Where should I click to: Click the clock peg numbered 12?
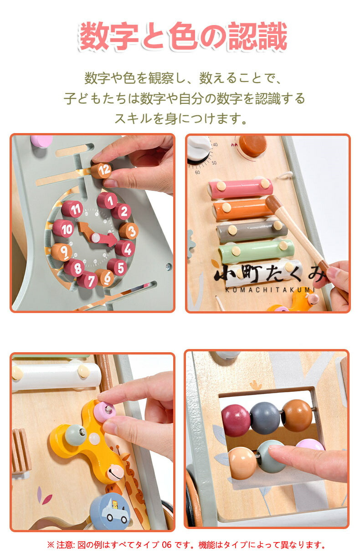click(x=101, y=170)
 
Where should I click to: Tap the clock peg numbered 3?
click(x=129, y=231)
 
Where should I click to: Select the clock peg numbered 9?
click(x=62, y=252)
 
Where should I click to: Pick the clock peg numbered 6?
click(x=104, y=277)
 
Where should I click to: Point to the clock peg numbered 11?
click(x=72, y=209)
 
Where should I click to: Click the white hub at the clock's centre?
click(x=95, y=238)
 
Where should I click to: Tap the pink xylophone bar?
click(x=240, y=188)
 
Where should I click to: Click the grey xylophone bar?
click(x=252, y=231)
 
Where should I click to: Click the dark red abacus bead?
click(x=236, y=420)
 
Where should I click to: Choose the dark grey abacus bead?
click(x=265, y=418)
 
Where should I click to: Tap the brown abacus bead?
click(x=297, y=415)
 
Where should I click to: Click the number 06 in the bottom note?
click(x=166, y=545)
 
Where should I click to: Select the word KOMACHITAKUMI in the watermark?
click(x=270, y=290)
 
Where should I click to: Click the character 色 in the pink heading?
click(x=184, y=36)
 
